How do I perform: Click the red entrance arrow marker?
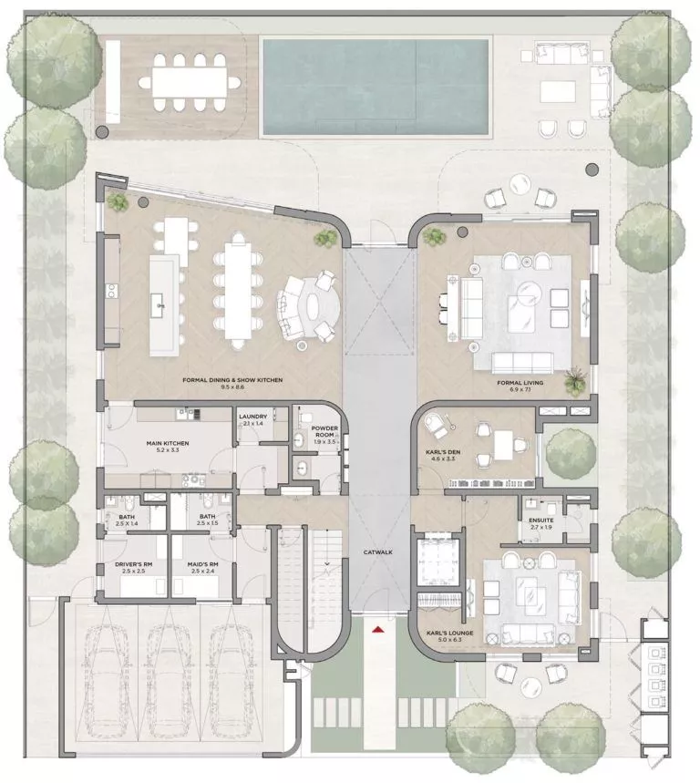[x=377, y=627]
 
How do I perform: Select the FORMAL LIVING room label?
[x=520, y=383]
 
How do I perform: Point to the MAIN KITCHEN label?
[x=167, y=444]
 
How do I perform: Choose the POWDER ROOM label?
[x=324, y=432]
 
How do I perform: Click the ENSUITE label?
[x=541, y=521]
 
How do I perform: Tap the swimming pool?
[x=376, y=85]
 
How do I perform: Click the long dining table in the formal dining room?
[x=236, y=287]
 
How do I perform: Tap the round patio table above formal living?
[x=519, y=184]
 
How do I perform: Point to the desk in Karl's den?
[x=506, y=445]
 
